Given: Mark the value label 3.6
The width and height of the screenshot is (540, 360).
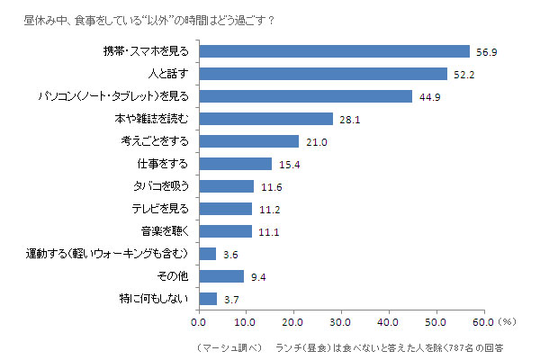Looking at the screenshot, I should tap(229, 254).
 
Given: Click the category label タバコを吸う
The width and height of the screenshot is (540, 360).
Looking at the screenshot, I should tap(162, 186).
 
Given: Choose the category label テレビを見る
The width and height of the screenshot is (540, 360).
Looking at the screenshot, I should tap(161, 209).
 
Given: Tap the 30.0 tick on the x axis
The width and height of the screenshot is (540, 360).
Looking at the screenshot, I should tap(341, 319).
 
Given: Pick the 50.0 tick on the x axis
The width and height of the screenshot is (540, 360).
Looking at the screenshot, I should tap(436, 319).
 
